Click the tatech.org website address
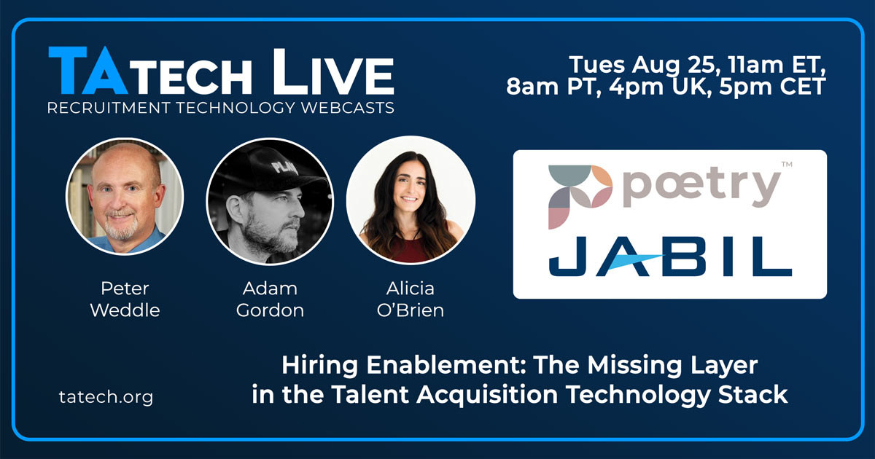[x=106, y=397]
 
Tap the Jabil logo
[x=670, y=256]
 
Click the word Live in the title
[x=333, y=72]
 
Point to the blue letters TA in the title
[x=88, y=71]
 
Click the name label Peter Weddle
[x=125, y=299]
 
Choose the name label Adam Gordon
[x=270, y=299]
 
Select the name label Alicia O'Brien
[x=410, y=299]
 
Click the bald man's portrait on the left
[x=125, y=196]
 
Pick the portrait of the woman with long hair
[x=411, y=200]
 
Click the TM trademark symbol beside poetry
[x=787, y=165]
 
